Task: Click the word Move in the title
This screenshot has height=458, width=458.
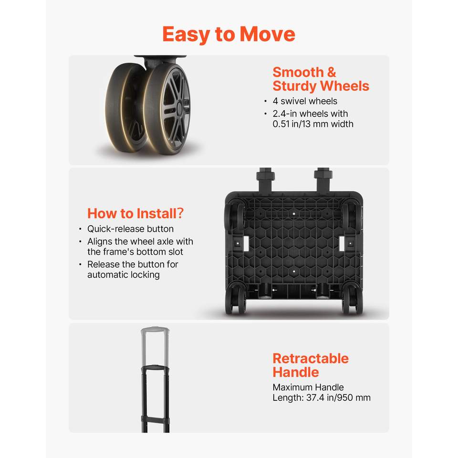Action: (x=267, y=34)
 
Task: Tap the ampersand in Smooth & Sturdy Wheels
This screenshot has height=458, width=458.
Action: (x=331, y=73)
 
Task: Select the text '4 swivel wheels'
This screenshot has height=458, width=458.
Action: (x=305, y=101)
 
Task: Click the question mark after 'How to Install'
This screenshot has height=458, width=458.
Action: (x=180, y=213)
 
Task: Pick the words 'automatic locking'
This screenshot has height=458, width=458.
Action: (x=124, y=275)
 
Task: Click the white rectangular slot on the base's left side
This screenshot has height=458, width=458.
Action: (x=246, y=243)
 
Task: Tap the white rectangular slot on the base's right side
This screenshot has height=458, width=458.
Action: (x=342, y=243)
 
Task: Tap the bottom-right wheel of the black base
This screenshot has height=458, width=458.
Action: (x=353, y=299)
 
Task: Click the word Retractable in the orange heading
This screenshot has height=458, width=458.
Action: (x=311, y=358)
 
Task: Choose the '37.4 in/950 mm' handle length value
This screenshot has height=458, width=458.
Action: (x=338, y=397)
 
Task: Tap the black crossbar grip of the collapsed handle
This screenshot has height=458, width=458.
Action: (x=155, y=367)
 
